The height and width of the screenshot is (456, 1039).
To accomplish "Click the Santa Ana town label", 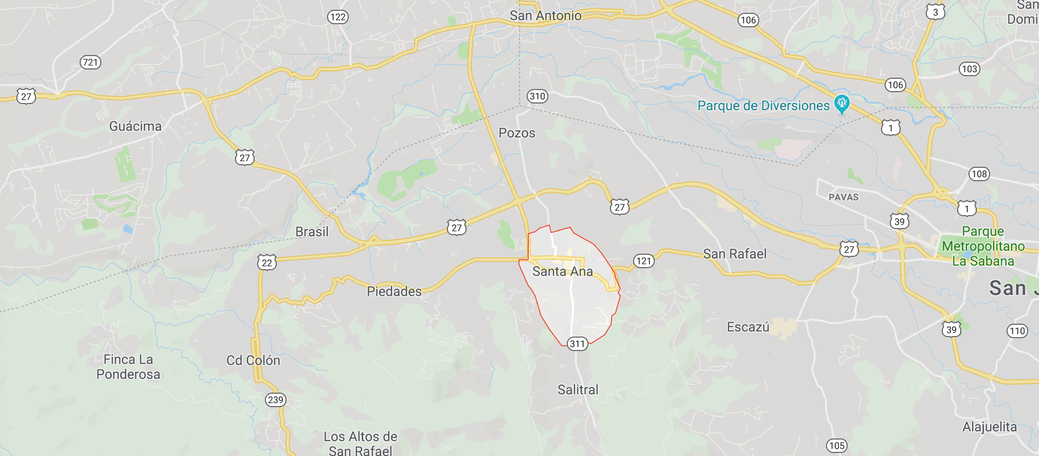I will point(562,271).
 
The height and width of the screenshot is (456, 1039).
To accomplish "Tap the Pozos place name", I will point(517,133).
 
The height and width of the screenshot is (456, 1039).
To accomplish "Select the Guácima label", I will point(135,126).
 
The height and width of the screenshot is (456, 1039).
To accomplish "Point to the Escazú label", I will point(748,327).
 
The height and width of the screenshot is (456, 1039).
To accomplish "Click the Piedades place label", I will point(394,291).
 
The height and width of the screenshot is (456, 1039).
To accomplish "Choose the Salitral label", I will point(578,390).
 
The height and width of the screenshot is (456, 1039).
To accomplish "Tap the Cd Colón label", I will point(253,360).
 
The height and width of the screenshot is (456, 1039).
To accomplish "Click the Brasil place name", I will point(312,232).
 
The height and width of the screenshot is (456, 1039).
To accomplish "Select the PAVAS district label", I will point(844,197).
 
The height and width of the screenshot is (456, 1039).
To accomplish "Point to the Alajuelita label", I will point(989,427).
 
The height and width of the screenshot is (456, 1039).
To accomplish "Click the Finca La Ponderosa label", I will point(128,367).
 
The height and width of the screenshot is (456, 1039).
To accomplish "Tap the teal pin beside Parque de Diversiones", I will point(841,103).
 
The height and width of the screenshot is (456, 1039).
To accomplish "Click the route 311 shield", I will point(577,344).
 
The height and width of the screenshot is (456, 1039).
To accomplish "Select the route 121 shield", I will point(643,260).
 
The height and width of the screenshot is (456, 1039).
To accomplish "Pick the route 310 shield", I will point(538,96).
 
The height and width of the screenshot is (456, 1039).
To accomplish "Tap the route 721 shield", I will point(91,62).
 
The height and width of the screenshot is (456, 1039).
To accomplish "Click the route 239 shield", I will point(276,399).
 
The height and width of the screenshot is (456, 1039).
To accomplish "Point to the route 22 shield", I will point(267,262).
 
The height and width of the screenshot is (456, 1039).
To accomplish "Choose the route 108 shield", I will point(979,174).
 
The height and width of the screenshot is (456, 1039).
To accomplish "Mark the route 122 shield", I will point(338,17).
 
